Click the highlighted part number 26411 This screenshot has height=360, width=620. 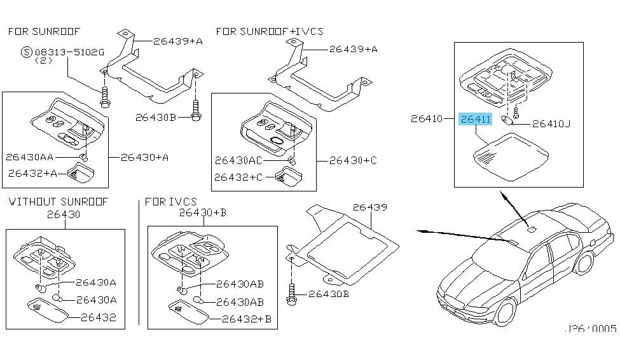pos(475,119)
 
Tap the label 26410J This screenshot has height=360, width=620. pos(551,124)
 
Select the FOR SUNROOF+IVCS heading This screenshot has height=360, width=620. pos(270,31)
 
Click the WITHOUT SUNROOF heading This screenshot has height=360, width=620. pos(58,202)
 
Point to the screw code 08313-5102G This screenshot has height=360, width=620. pos(69,52)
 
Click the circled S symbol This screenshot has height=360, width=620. pos(27,52)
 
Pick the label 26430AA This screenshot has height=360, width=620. pos(30,157)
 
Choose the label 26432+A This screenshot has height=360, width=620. pos(33,173)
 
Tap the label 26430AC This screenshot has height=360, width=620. pos(238,160)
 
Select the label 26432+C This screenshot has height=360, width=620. pos(238,177)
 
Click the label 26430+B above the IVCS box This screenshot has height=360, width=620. pos(202,213)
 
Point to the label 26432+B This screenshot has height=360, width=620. pos(247,319)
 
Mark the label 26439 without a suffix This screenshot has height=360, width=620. pos(369,207)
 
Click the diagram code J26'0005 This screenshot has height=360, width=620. pos(590,329)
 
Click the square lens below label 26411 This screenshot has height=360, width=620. pos(511,157)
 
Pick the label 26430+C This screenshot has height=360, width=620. pos(353,160)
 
